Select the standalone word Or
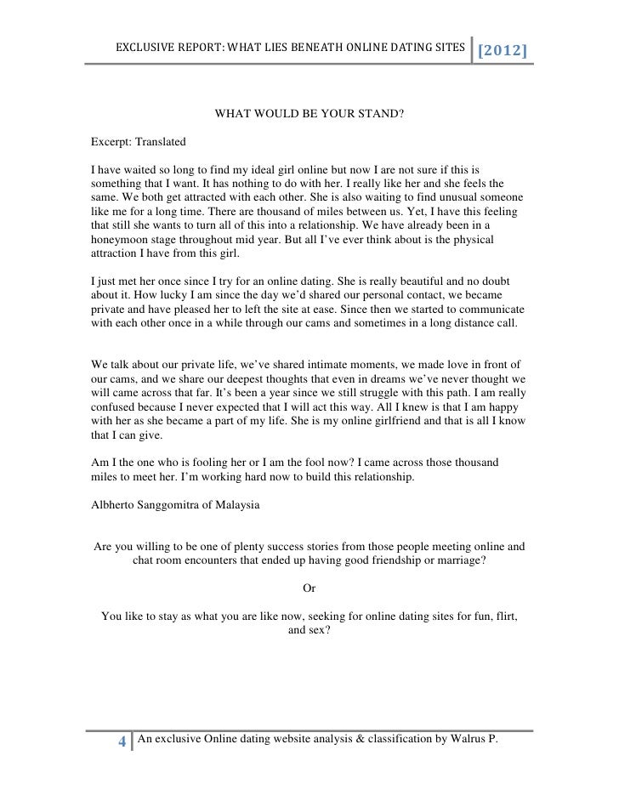point(309,586)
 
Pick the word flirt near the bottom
point(506,616)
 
